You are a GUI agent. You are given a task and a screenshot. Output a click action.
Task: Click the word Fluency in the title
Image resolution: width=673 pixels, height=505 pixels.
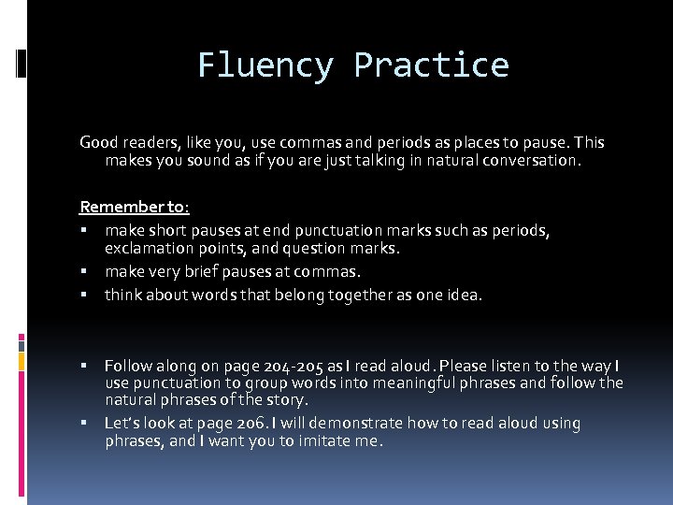pyautogui.click(x=265, y=65)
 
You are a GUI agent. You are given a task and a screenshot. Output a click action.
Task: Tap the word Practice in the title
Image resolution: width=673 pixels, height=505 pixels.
pyautogui.click(x=431, y=65)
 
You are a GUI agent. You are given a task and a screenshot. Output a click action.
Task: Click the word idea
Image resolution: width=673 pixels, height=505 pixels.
pyautogui.click(x=465, y=295)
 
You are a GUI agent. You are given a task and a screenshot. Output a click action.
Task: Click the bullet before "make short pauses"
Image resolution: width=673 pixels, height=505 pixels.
pyautogui.click(x=84, y=230)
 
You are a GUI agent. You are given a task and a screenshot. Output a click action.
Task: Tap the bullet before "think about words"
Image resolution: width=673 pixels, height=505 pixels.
pyautogui.click(x=84, y=295)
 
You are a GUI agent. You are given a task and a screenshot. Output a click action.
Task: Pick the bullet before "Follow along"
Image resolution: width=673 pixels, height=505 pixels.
pyautogui.click(x=84, y=366)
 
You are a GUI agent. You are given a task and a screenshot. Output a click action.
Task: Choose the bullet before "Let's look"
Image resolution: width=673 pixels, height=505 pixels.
pyautogui.click(x=84, y=423)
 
